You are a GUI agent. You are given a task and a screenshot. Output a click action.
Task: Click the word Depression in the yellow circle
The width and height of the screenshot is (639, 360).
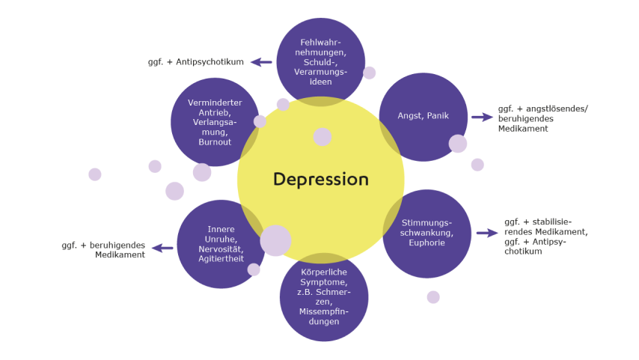tap(320, 180)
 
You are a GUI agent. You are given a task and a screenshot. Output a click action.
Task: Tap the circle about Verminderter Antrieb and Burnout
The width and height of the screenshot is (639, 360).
tap(215, 122)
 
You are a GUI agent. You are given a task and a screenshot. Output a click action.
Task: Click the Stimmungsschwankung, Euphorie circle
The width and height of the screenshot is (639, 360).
tap(427, 233)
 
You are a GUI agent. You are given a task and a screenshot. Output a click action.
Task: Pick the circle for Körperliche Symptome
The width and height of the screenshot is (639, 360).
tap(323, 297)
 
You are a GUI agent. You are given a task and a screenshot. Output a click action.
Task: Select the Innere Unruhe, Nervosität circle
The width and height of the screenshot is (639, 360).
tap(221, 244)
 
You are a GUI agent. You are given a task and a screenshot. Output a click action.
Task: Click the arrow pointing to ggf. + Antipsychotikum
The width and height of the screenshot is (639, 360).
tap(261, 62)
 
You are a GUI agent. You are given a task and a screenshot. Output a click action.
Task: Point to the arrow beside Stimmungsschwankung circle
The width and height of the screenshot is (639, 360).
tap(487, 233)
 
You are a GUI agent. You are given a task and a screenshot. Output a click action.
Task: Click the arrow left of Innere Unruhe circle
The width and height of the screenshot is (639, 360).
tap(162, 248)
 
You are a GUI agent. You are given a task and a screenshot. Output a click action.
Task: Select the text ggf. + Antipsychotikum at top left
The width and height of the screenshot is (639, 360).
tap(196, 62)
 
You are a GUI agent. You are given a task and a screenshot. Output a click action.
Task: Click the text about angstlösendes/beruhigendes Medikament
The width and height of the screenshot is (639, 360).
tap(543, 118)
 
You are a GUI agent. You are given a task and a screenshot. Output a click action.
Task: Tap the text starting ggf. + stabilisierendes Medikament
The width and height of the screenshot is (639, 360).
tap(545, 237)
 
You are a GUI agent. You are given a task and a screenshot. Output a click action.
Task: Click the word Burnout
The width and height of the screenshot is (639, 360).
tap(215, 141)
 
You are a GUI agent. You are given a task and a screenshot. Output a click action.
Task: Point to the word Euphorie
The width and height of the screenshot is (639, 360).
tap(426, 243)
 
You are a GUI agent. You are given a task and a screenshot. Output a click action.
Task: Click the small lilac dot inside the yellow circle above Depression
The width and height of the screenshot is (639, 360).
tap(322, 137)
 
